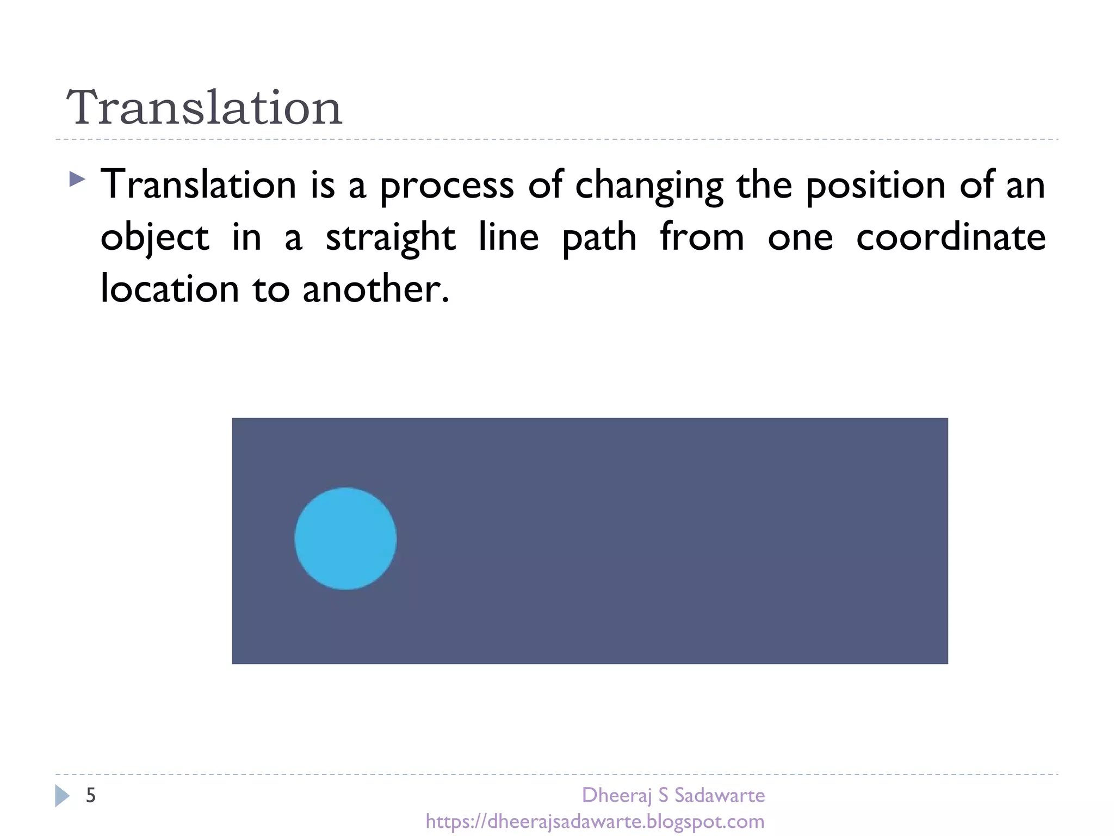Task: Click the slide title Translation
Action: pos(204,108)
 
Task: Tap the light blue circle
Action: pos(345,538)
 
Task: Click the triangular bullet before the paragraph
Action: pos(77,179)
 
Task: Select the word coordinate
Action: pos(950,237)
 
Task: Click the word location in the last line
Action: pos(170,288)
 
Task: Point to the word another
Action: pos(375,288)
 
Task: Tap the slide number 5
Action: pos(91,796)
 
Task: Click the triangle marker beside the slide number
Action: pos(61,796)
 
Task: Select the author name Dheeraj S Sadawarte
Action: pos(673,796)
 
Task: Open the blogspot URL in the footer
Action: pos(595,821)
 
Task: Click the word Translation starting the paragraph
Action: pos(199,185)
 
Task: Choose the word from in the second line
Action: pos(702,237)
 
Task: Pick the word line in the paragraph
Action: pos(509,237)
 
